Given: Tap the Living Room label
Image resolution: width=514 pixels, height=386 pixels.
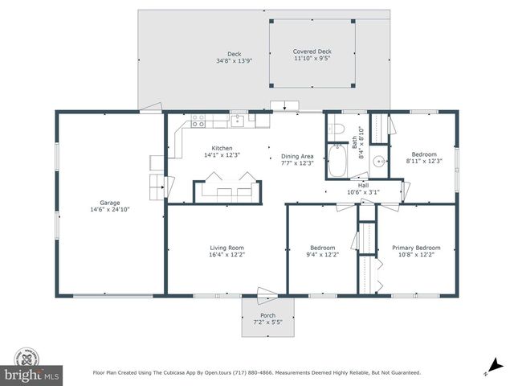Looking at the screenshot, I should [221, 248].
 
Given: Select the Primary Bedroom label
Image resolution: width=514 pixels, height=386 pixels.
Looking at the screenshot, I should [416, 248].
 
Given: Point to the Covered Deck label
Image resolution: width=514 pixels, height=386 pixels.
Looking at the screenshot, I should [312, 51].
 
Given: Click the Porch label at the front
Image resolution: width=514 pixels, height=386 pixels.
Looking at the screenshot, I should [267, 315].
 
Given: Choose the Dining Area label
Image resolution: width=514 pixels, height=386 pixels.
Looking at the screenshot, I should [297, 156].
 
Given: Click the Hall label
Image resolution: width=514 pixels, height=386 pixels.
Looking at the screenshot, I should [363, 184].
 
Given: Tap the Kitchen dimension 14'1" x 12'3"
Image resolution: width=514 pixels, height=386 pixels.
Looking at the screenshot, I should [221, 155].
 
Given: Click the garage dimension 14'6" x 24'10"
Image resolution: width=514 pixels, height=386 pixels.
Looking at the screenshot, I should [108, 209].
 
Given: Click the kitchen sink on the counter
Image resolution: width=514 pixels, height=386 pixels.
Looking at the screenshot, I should [238, 121].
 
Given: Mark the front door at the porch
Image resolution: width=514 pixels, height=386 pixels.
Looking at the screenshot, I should [265, 294].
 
